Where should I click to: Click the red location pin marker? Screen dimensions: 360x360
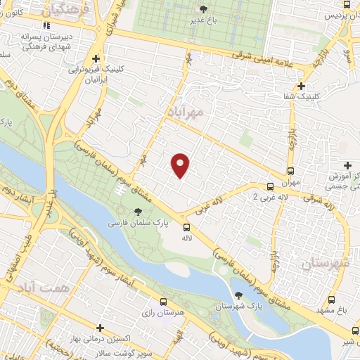click(x=181, y=165)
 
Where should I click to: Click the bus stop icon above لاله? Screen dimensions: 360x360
click(x=186, y=227)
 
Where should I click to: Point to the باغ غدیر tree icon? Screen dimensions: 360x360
click(x=203, y=9)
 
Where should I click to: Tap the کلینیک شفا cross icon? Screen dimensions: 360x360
click(x=302, y=86)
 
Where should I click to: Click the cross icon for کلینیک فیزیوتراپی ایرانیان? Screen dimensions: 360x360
click(x=96, y=59)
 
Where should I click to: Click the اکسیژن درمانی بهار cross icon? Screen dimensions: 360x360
click(x=101, y=328)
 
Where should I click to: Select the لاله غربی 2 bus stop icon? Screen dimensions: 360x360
click(x=271, y=186)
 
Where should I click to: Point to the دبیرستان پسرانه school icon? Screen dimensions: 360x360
click(x=47, y=26)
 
